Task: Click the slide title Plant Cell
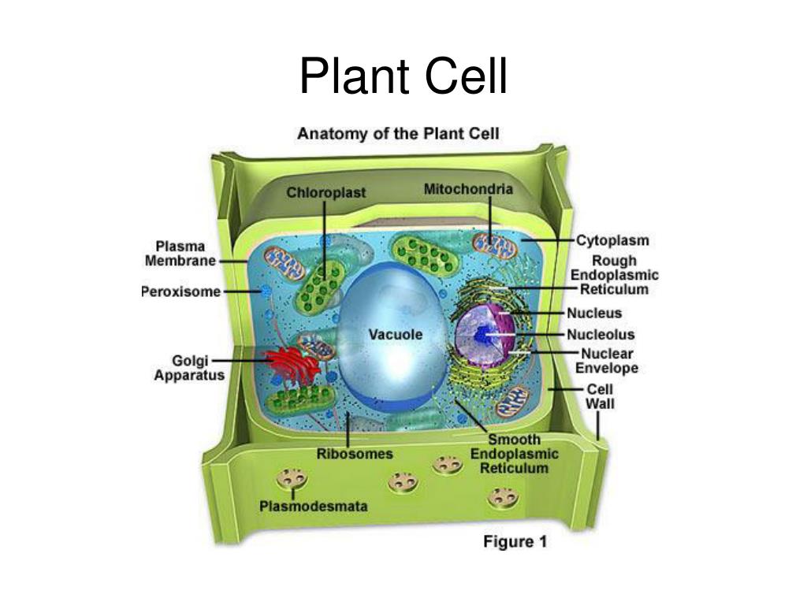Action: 403,76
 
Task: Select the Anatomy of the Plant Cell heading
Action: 398,134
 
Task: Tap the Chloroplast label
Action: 325,192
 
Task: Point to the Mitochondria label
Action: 468,189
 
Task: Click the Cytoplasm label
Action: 612,240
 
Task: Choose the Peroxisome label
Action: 180,291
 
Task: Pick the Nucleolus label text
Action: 601,334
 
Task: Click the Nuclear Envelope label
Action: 607,361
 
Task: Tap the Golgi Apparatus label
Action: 189,368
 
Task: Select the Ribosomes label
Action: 355,454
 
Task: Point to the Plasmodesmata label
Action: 314,507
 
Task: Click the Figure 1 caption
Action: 515,542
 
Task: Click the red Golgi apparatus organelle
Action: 292,364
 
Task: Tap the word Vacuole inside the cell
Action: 396,334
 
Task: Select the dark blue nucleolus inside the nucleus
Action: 483,335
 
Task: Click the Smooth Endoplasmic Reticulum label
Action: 514,454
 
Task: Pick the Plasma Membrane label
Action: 180,254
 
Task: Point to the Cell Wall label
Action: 600,396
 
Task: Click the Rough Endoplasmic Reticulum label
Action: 615,275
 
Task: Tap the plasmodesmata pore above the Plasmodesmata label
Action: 292,478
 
